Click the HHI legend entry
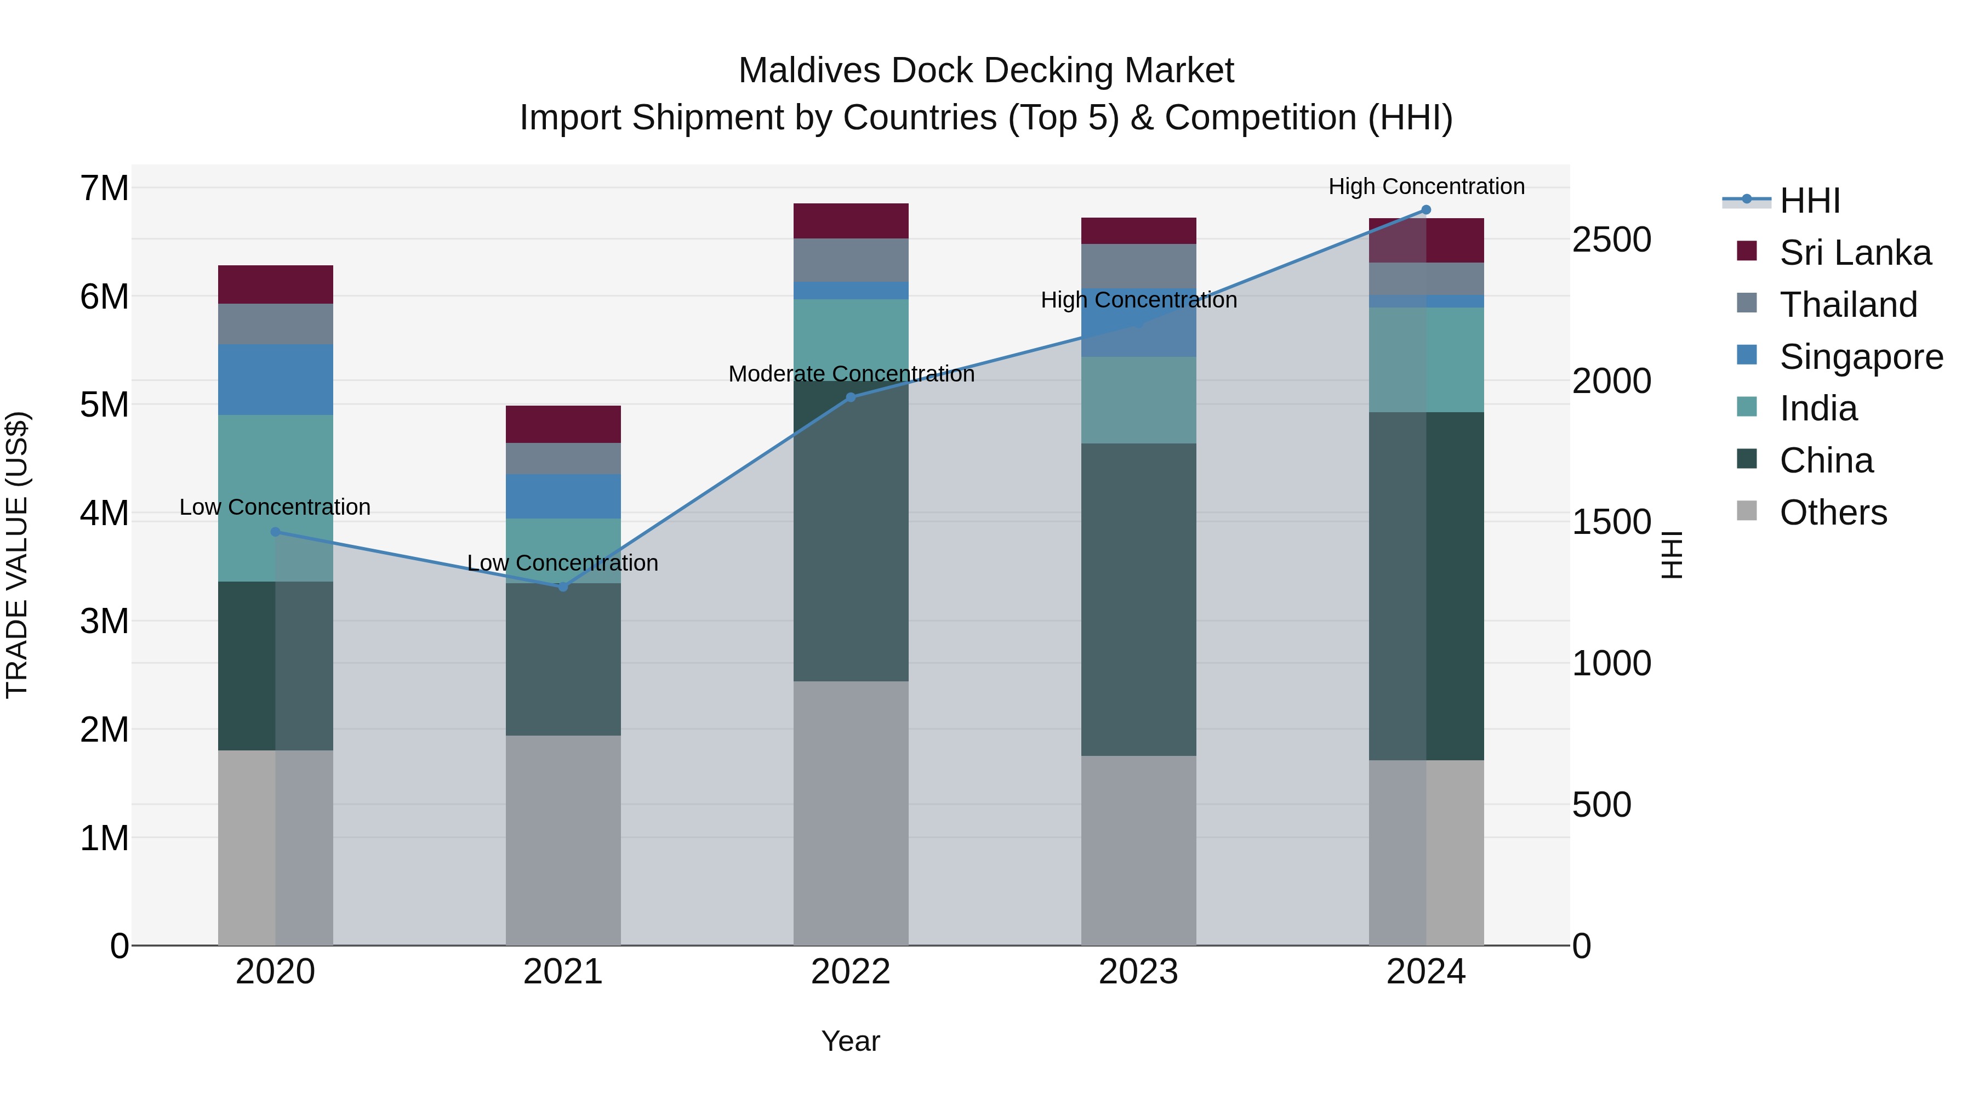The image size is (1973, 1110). (1809, 201)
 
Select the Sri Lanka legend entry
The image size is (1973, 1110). (1854, 253)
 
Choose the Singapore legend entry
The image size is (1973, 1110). (1861, 357)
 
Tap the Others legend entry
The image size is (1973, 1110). (1833, 513)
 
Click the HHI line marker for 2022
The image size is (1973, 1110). (850, 397)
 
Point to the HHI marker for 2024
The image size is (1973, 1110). (1425, 209)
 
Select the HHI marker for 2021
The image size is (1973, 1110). (563, 587)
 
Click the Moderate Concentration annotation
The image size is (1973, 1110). (851, 374)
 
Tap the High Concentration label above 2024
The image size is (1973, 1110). (1426, 186)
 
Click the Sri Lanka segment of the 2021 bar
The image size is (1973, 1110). (563, 424)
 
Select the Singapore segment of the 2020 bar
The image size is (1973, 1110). (276, 379)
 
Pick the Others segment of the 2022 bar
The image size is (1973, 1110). (850, 812)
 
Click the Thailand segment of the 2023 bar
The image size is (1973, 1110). (1138, 266)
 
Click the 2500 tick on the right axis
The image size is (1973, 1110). (1611, 240)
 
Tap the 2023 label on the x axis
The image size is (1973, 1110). (1138, 972)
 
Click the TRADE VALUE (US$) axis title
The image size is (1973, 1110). (17, 555)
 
